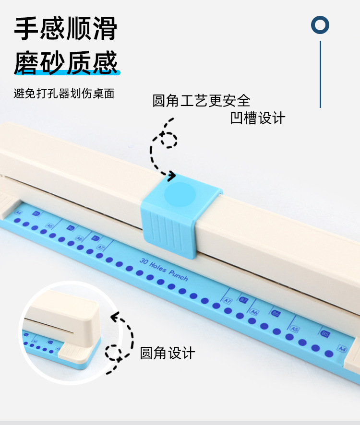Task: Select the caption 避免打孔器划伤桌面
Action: [x=64, y=93]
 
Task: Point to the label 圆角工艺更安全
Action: [x=201, y=100]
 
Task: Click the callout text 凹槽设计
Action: [x=257, y=118]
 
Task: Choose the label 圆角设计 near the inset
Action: [x=168, y=353]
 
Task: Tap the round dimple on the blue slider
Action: [x=180, y=195]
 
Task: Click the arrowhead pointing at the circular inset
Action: [x=114, y=317]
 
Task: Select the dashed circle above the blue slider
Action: [x=168, y=140]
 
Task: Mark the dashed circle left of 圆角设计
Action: [x=114, y=353]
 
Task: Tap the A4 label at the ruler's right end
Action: [x=342, y=349]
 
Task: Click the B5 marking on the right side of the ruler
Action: [x=325, y=334]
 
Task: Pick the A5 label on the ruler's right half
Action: [x=295, y=330]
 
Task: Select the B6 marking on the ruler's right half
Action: [x=276, y=314]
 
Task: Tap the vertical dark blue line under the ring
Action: [x=320, y=74]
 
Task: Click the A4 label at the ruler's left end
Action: [x=19, y=212]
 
